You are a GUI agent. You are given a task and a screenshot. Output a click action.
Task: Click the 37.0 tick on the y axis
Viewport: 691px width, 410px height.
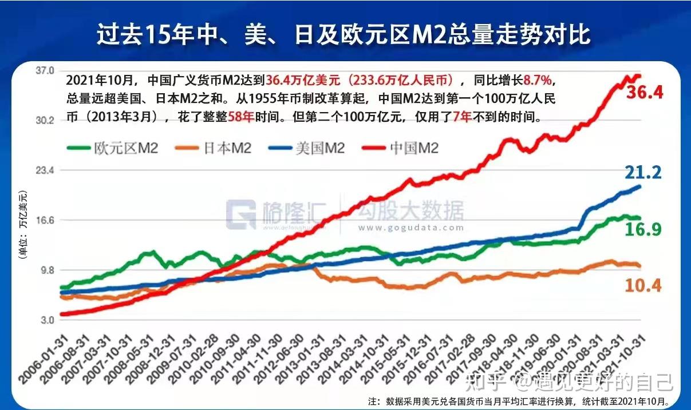click(x=45, y=70)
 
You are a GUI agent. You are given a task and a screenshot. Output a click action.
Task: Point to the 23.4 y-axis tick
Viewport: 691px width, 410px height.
click(x=45, y=170)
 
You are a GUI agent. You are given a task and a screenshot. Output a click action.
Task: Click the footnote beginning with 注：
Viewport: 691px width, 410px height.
click(x=527, y=401)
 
